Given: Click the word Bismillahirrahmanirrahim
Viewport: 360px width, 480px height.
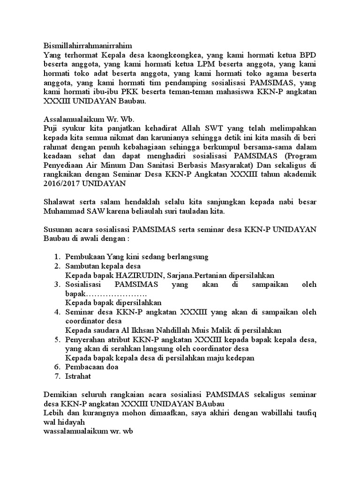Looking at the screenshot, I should pos(88,45).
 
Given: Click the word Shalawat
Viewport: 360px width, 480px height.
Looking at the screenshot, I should pos(60,202).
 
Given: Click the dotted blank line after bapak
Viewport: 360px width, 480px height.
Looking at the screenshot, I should pos(117,293).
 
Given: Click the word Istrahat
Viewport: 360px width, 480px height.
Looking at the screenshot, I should pos(78,376).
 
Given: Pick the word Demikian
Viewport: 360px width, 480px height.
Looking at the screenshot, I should pos(60,394).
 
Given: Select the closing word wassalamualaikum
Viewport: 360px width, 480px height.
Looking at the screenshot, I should pos(74,431).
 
